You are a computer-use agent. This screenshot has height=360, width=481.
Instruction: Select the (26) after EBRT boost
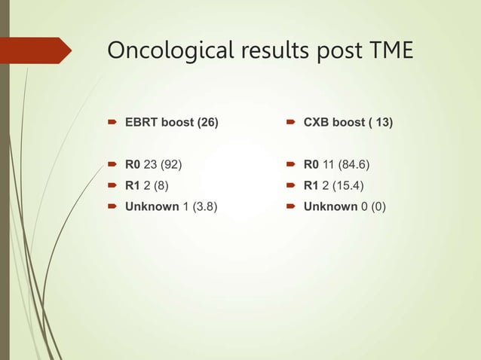(x=207, y=122)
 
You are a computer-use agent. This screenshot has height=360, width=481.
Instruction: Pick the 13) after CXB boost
(x=383, y=122)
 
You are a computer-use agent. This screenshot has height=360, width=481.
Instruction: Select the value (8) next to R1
(x=157, y=185)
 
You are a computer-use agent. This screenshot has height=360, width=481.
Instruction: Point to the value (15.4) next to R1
(x=346, y=185)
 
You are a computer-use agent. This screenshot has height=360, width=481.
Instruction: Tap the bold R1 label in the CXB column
(x=311, y=185)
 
